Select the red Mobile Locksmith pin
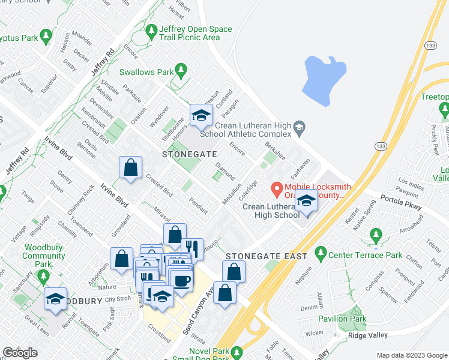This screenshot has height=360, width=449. tap(277, 190)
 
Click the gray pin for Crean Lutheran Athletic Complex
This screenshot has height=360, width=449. tap(300, 127)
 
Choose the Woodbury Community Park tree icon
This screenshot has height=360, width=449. tap(43, 277)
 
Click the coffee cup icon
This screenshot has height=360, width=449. tap(182, 280)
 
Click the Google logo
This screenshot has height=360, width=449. tap(20, 353)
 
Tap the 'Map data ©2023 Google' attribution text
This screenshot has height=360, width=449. tap(412, 355)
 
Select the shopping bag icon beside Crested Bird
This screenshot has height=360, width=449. tap(130, 168)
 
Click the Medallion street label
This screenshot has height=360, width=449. tap(232, 193)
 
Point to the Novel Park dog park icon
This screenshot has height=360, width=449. tap(238, 352)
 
